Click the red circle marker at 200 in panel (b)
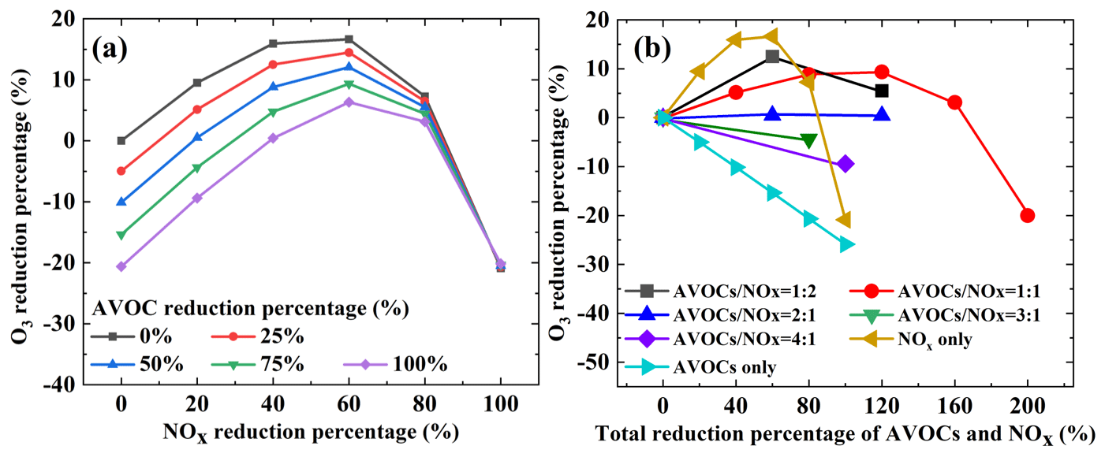[1027, 215]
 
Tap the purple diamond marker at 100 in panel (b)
[846, 164]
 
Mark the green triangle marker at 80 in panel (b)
[808, 140]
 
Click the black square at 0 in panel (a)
[121, 141]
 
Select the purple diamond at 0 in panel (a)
[121, 266]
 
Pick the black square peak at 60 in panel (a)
[349, 39]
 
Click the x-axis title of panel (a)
[310, 432]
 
